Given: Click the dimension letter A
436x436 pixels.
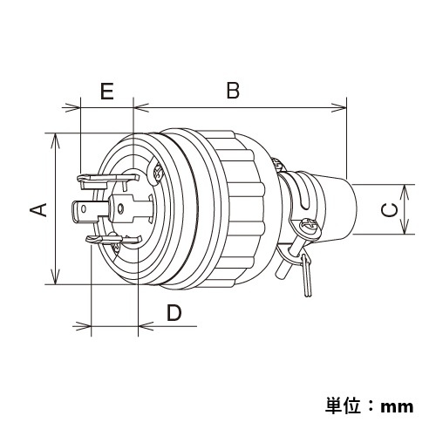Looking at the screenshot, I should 37,210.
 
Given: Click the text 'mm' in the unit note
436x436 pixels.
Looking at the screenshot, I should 398,405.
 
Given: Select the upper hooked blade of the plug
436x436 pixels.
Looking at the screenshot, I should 96,181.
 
